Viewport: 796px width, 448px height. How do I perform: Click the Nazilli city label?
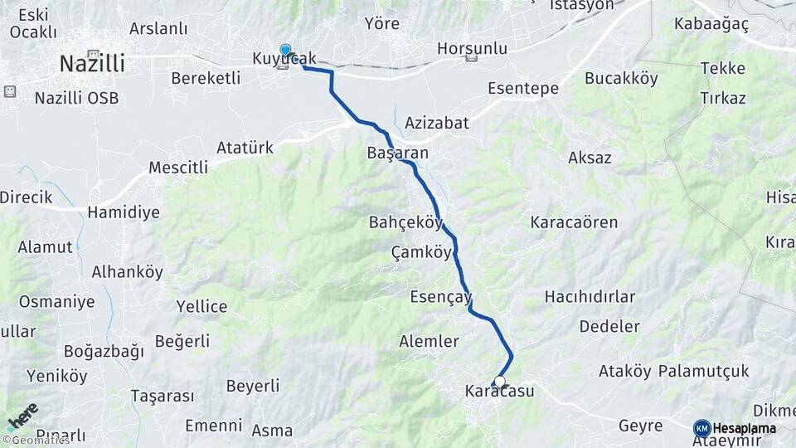(92, 63)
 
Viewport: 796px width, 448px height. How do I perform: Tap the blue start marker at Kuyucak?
(285, 51)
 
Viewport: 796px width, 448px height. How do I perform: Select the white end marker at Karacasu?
(499, 382)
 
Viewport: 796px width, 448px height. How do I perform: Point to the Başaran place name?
(397, 153)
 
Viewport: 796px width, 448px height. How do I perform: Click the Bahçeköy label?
(405, 222)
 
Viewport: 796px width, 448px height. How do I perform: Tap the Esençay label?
(441, 296)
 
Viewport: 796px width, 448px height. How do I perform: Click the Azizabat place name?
(437, 123)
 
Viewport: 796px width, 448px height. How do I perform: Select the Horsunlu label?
(472, 48)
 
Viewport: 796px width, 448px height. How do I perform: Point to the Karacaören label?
(575, 222)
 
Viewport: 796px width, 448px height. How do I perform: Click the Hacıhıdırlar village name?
(590, 296)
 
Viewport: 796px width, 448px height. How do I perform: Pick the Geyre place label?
(640, 426)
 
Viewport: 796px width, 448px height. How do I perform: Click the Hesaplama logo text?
(744, 428)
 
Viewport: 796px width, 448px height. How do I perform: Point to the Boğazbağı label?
(103, 351)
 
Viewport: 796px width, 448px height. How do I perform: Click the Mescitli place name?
(178, 168)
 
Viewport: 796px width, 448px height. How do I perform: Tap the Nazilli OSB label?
(76, 98)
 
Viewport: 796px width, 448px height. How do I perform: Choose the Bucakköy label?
(621, 79)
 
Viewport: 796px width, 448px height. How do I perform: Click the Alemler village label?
(429, 341)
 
